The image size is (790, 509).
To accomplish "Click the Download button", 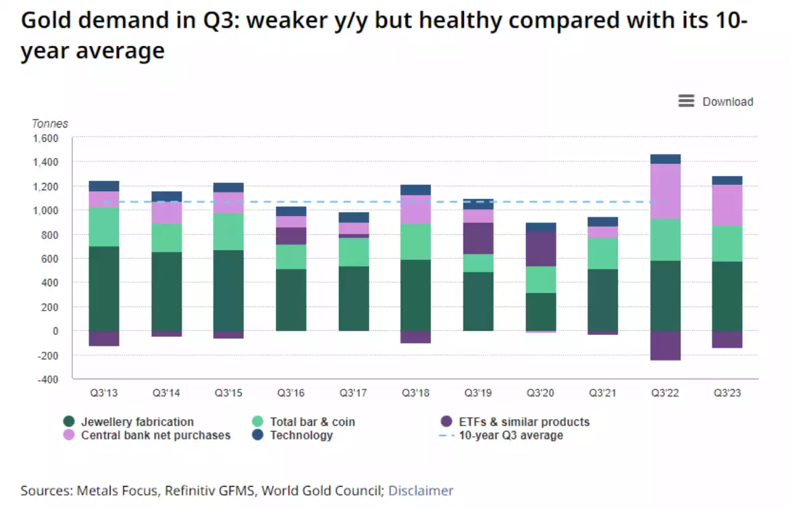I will point(716,101).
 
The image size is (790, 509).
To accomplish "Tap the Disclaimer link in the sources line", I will point(421,491).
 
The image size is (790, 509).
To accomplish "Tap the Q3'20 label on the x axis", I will point(540,393).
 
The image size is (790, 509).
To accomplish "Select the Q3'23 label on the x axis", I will point(727,393).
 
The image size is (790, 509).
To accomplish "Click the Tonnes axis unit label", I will point(50,124).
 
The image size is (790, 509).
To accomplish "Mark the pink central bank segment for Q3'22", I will point(665,191).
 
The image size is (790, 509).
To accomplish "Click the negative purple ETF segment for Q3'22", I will point(665,346).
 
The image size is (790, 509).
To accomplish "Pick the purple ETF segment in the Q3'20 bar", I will point(541,249).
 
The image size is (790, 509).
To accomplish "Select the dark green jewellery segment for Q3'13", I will point(104,289).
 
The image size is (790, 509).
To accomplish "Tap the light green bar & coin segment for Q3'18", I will point(415,242).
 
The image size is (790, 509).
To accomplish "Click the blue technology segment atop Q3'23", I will point(727,180).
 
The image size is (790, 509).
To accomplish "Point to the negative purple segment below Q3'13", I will point(104,338).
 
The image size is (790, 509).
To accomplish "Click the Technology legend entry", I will point(301,435).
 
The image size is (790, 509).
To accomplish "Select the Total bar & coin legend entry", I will point(312,422).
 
